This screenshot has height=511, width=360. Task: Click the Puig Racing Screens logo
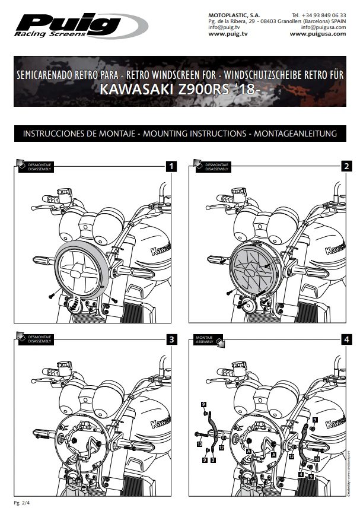80,26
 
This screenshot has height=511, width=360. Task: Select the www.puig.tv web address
224,34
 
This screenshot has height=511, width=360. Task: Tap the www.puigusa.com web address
317,34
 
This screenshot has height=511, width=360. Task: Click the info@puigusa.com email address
323,27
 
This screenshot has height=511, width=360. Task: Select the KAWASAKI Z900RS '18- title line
180,91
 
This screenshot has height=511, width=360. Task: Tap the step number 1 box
171,166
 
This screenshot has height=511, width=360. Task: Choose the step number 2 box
346,166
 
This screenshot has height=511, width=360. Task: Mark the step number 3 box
171,339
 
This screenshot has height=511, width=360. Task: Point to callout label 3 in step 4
213,460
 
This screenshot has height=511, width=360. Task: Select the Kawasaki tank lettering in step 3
161,422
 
